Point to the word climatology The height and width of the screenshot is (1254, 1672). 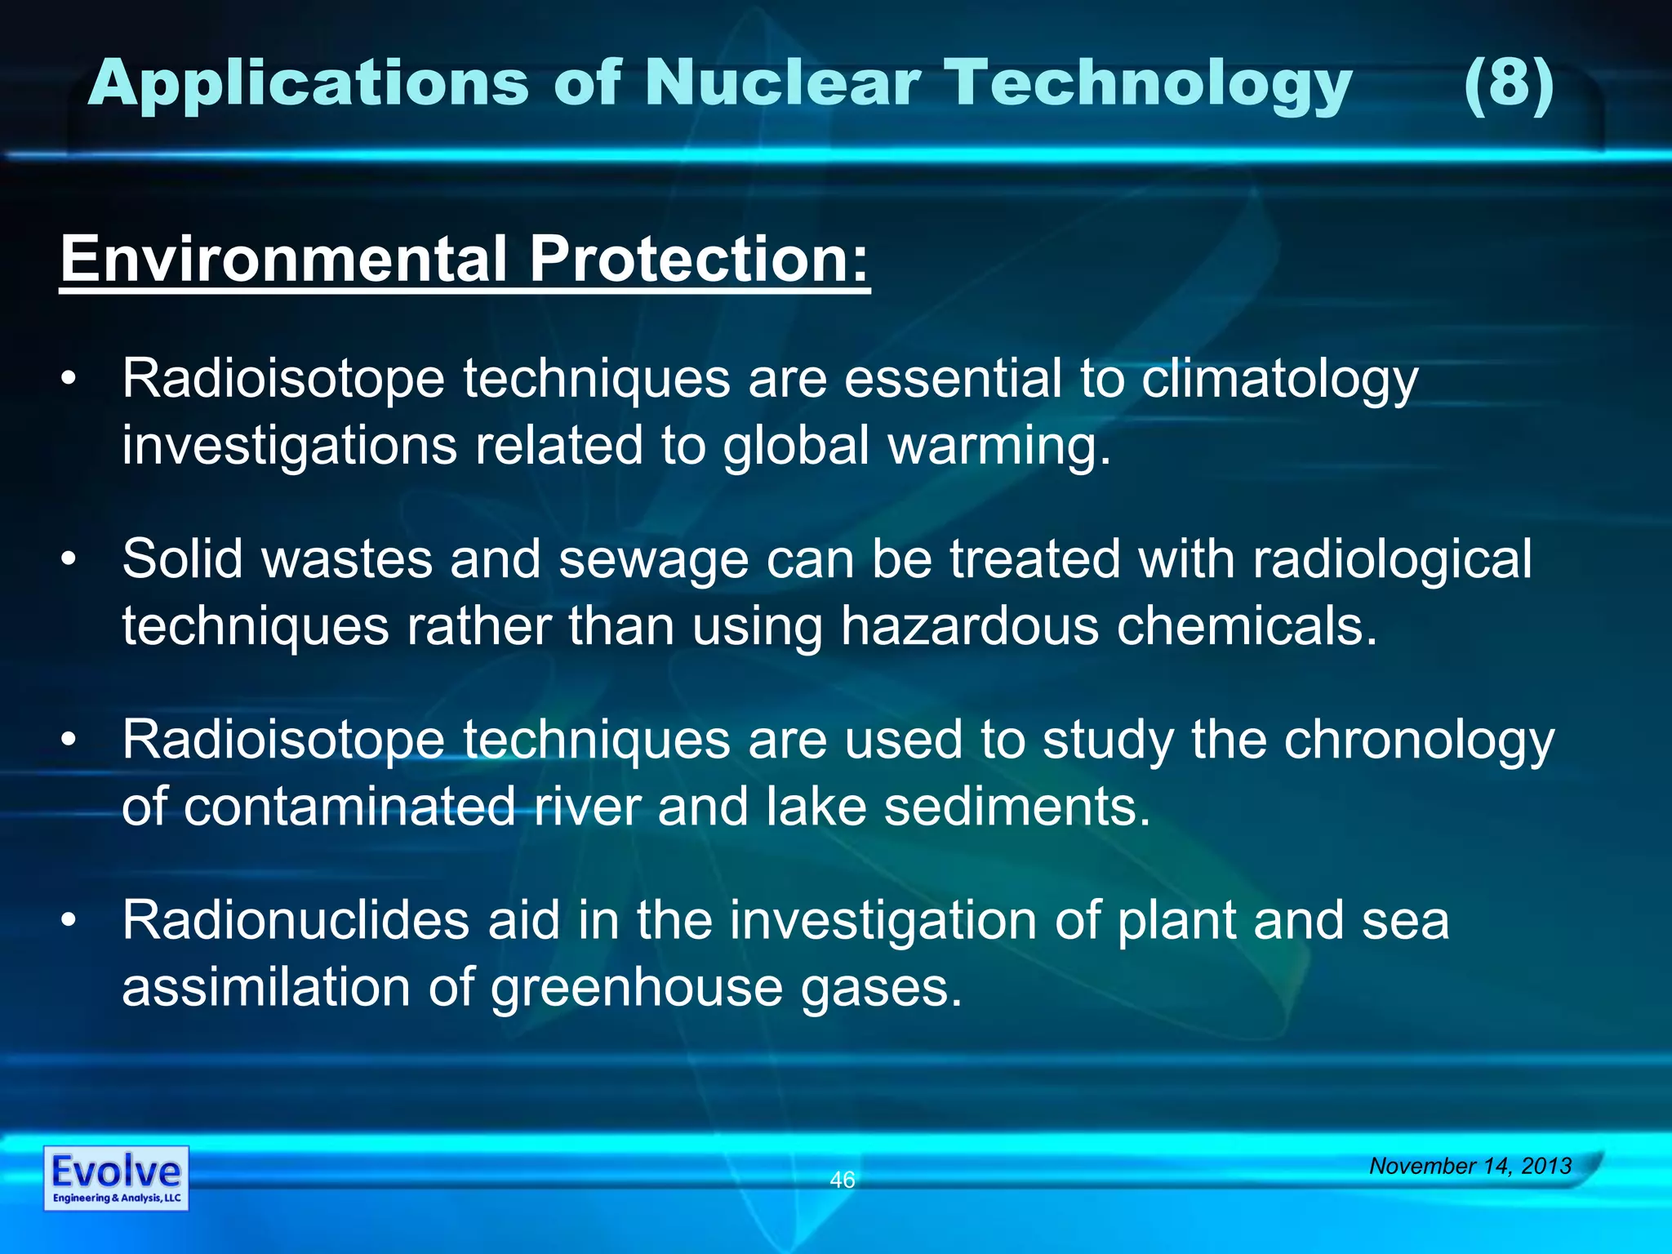tap(1279, 380)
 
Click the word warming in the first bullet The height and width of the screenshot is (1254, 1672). tap(998, 447)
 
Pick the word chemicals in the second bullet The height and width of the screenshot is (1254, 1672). tap(1247, 627)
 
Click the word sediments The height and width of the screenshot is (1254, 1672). tap(1016, 807)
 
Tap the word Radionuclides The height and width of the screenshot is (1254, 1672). tap(296, 920)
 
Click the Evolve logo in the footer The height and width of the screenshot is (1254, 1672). tap(116, 1178)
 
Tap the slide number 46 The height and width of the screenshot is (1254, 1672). tap(842, 1180)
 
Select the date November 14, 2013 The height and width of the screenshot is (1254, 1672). tap(1470, 1166)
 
